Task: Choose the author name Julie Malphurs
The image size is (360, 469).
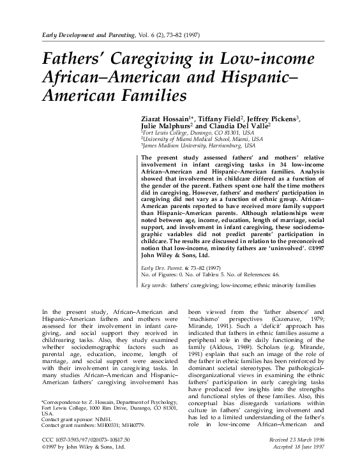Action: [x=165, y=126]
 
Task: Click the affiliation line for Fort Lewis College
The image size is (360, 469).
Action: [x=187, y=134]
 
